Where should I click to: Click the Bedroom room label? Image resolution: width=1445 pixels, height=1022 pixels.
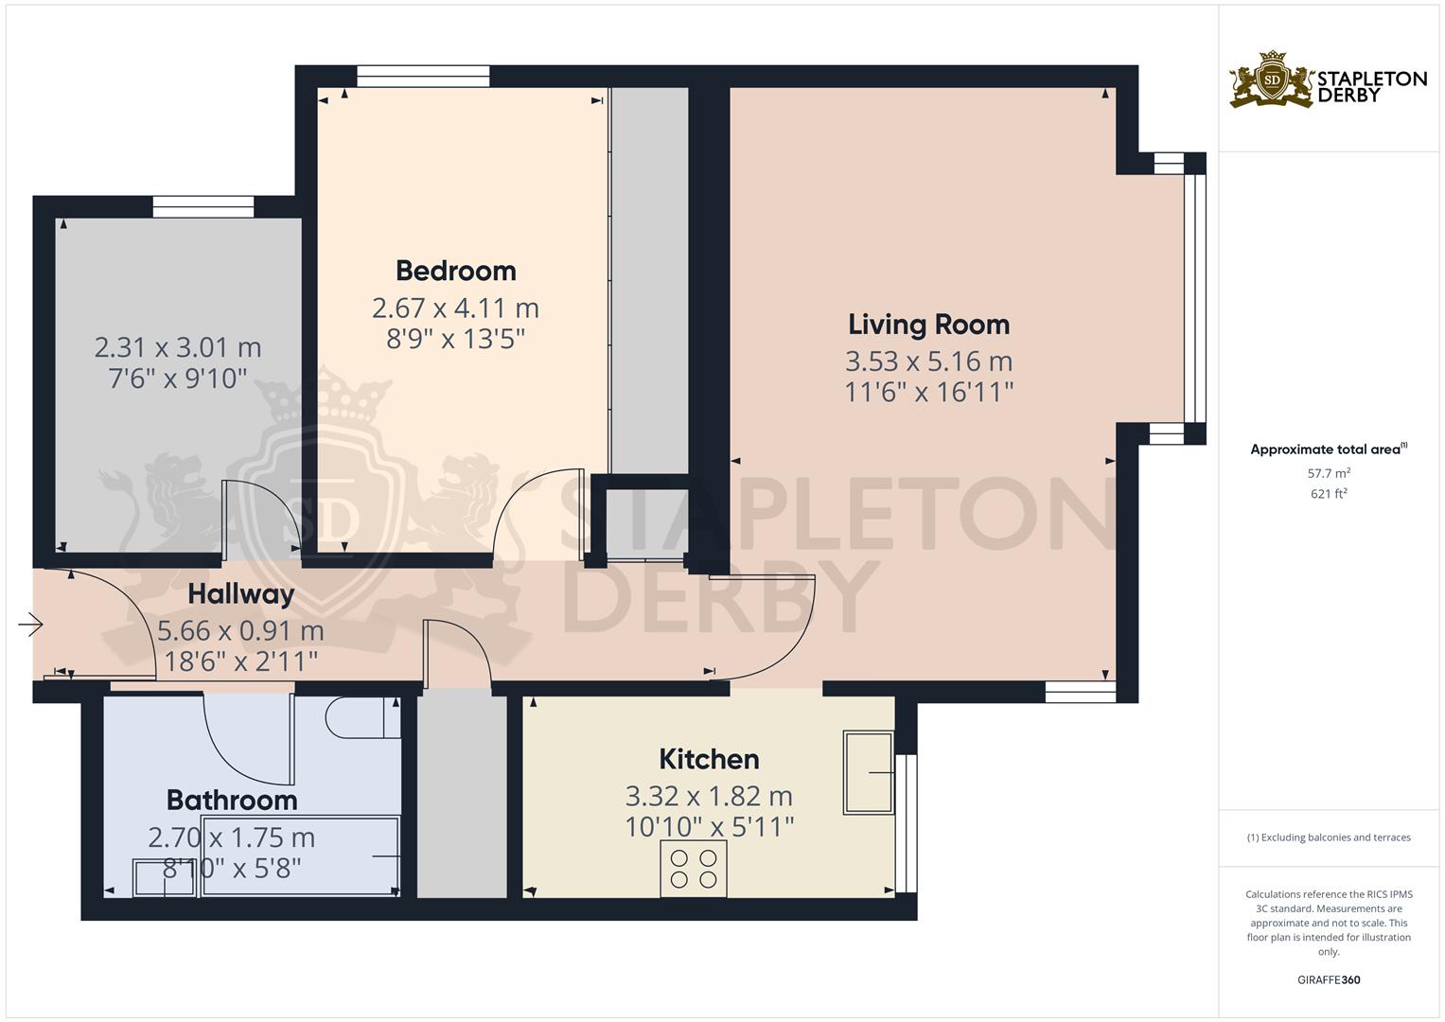(x=455, y=271)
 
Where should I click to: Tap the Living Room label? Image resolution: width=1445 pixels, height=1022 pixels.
(x=929, y=325)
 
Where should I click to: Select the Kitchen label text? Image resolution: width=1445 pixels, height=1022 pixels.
(x=709, y=759)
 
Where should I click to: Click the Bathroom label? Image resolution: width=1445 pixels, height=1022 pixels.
(x=232, y=800)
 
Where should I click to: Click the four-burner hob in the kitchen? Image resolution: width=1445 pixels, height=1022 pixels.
(x=694, y=869)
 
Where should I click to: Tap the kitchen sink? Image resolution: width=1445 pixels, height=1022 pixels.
(x=869, y=771)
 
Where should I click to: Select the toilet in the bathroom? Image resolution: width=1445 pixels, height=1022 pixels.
(x=362, y=717)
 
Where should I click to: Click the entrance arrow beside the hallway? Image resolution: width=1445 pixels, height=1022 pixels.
(x=30, y=625)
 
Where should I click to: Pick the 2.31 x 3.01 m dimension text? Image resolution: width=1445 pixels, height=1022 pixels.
(x=177, y=348)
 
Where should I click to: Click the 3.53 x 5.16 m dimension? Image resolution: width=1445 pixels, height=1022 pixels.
(x=929, y=361)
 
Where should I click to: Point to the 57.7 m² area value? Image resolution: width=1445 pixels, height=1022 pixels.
(x=1329, y=473)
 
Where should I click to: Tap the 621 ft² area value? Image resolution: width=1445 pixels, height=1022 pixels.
(x=1329, y=494)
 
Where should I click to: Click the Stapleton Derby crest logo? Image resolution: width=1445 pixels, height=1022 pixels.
(x=1272, y=79)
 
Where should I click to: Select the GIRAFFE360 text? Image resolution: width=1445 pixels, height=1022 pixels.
(x=1329, y=979)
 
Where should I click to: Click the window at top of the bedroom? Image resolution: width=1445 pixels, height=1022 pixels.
(x=423, y=76)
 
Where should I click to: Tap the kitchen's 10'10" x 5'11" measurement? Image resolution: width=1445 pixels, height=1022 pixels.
(x=709, y=827)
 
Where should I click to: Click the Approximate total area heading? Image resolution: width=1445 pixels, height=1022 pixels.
(x=1329, y=449)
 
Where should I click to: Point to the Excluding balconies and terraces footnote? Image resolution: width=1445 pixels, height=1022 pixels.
(x=1329, y=837)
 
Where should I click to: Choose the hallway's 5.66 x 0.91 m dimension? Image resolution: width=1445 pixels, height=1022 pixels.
(x=240, y=631)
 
